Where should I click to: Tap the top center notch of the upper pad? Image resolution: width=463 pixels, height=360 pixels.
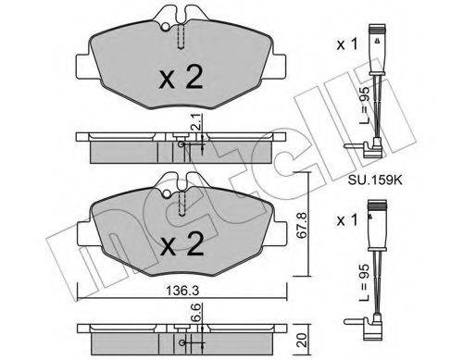click(181, 14)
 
